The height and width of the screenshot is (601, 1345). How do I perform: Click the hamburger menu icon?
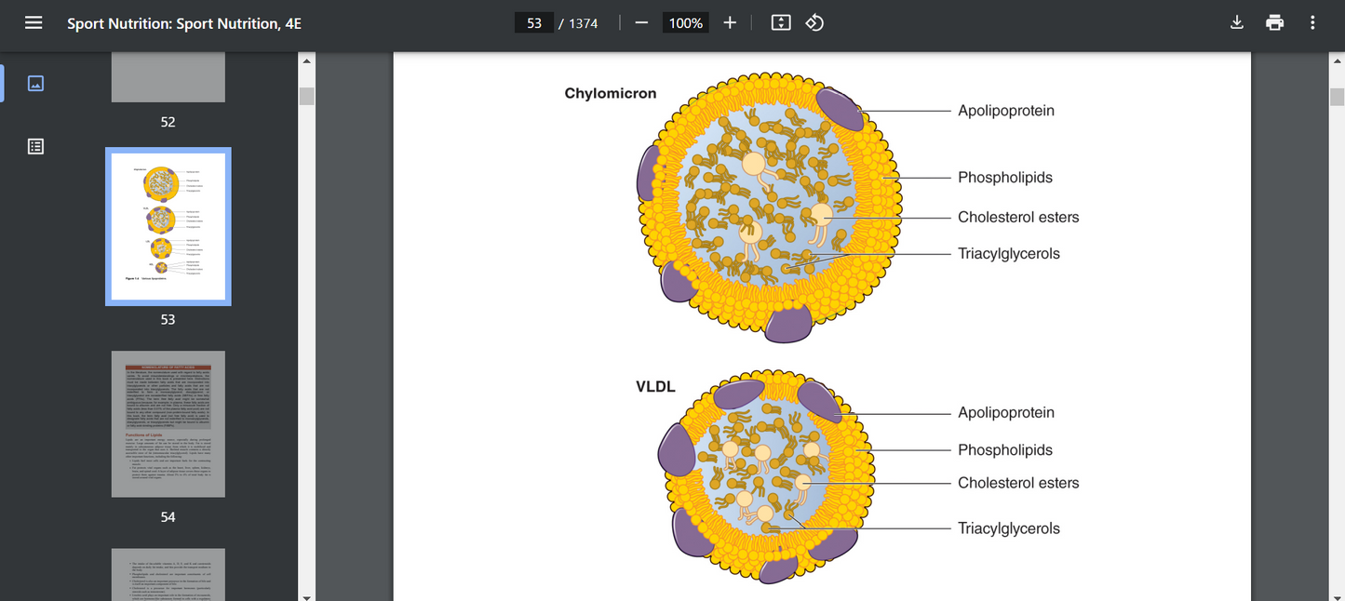(x=34, y=22)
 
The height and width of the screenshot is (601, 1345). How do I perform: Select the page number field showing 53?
(x=534, y=22)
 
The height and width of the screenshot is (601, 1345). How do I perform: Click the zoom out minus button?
(x=641, y=22)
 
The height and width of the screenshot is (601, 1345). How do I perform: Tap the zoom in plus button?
(x=730, y=22)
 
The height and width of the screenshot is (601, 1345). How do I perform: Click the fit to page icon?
(x=781, y=22)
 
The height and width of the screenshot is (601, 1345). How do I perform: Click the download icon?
(x=1237, y=22)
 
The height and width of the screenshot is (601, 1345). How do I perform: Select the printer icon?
(x=1275, y=22)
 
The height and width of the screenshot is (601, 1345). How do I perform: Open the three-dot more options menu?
(x=1312, y=22)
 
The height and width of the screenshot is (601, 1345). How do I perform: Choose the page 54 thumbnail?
(x=168, y=423)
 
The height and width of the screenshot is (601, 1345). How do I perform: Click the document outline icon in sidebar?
(x=35, y=146)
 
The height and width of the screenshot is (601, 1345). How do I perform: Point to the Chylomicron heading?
(x=611, y=94)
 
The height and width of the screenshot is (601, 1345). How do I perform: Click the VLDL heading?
(x=655, y=387)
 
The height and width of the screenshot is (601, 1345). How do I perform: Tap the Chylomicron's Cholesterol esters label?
(x=1018, y=218)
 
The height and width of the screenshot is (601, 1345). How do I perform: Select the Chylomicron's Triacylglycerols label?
(x=1008, y=254)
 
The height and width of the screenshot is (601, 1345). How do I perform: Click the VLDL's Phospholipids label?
(x=1005, y=450)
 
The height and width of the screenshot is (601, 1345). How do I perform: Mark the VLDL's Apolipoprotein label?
(x=1006, y=413)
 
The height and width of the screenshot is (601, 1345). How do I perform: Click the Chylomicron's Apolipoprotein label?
(x=1006, y=111)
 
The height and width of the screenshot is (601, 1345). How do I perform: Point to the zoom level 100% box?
(x=686, y=22)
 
